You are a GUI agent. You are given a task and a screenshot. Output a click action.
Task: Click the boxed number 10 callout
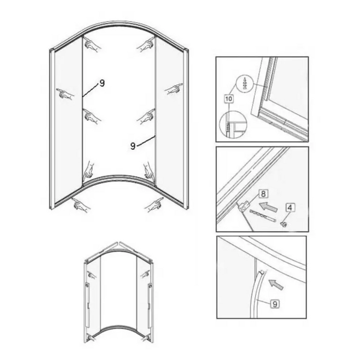(229, 99)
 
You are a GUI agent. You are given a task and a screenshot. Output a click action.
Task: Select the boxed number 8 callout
(263, 193)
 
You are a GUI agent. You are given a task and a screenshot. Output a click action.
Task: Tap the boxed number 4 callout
(290, 207)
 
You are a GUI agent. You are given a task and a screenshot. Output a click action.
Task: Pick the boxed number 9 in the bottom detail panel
(275, 304)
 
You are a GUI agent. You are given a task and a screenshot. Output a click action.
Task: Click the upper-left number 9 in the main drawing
(102, 83)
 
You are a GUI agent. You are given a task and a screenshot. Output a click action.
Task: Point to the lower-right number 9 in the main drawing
(133, 146)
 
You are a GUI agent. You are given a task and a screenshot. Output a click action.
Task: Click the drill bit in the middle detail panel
(262, 215)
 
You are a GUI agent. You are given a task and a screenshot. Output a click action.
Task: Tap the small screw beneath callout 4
(284, 224)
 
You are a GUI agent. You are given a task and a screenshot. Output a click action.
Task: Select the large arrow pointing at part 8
(268, 206)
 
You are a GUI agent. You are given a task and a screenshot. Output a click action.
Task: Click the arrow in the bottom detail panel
(276, 284)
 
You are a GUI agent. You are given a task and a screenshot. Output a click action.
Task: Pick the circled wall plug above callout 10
(244, 83)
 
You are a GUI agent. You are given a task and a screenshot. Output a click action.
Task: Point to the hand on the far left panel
(66, 94)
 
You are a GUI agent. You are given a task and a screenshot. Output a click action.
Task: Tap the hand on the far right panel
(174, 89)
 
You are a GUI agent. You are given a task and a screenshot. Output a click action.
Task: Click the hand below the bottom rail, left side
(81, 204)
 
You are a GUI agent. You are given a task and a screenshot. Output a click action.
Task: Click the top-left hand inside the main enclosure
(92, 45)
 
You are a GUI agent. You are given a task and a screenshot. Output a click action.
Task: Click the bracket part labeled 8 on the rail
(243, 206)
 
